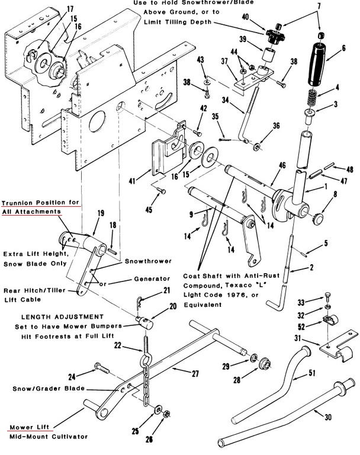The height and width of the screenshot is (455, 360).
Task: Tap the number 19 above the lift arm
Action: coord(100,213)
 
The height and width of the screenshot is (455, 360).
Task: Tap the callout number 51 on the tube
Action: coord(311,373)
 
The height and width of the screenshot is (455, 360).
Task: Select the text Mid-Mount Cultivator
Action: coord(49,437)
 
